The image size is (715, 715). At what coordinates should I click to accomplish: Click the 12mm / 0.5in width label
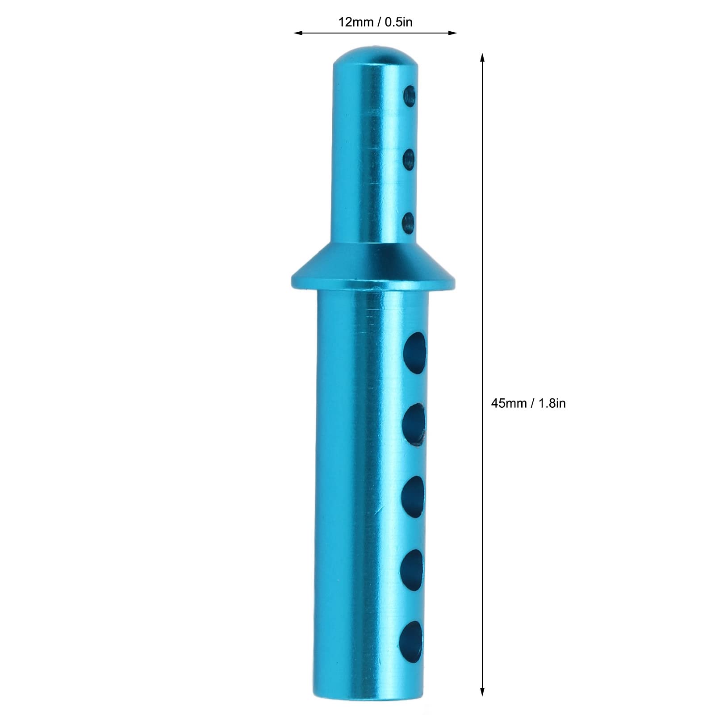[375, 22]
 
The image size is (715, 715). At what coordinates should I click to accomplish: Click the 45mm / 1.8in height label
[528, 403]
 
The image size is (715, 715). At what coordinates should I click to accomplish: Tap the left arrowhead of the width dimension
[298, 33]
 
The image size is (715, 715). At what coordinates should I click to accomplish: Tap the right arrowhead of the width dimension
[452, 33]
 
